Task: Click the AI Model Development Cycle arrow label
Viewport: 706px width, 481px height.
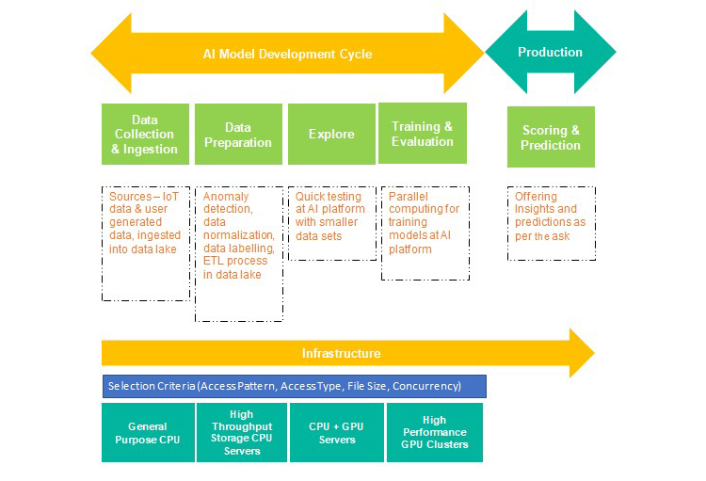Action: (x=287, y=54)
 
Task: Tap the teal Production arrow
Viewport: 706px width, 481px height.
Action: (x=550, y=53)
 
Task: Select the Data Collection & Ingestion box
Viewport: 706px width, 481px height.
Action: (x=144, y=135)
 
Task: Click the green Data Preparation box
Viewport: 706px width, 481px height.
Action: (x=238, y=135)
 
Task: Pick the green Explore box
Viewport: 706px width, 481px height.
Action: (x=331, y=135)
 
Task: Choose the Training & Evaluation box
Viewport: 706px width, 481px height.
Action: (x=422, y=134)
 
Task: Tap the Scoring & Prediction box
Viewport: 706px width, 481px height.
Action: (x=551, y=137)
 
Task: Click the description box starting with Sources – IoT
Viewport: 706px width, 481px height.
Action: (x=145, y=243)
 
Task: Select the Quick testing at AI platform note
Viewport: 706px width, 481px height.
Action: (x=331, y=222)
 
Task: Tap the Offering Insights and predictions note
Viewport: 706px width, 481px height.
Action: (x=551, y=222)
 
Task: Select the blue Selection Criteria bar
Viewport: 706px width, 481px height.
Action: (x=294, y=386)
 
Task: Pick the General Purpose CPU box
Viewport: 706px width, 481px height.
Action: (x=147, y=433)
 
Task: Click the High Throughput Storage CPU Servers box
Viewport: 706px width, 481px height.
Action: (x=241, y=433)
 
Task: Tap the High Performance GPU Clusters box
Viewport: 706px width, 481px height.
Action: (x=434, y=433)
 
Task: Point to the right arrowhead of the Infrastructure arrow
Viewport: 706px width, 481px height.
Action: (x=583, y=353)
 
